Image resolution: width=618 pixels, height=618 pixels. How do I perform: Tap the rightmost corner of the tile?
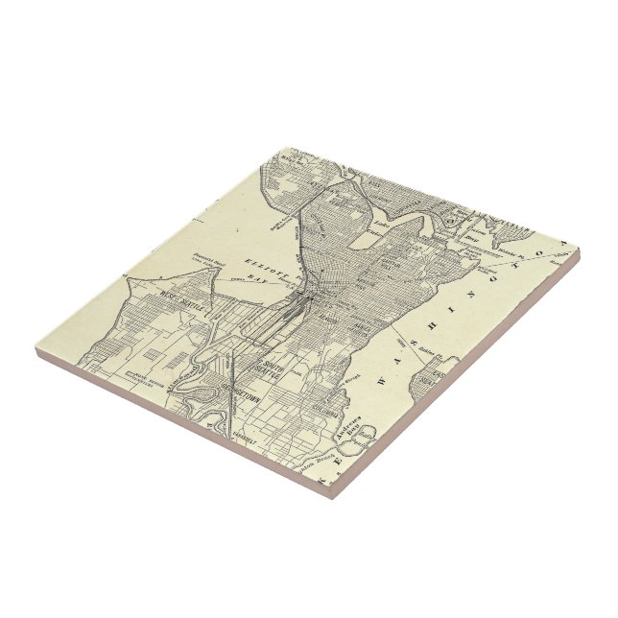[579, 251]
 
